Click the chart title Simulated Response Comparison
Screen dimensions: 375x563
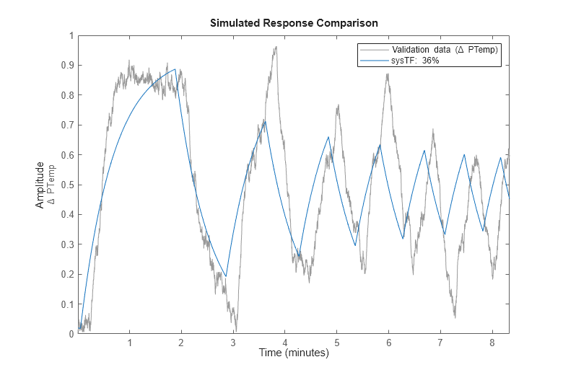click(294, 23)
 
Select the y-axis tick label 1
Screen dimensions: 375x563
click(69, 35)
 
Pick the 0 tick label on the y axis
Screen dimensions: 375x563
click(69, 334)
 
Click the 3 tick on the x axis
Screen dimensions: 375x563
click(233, 342)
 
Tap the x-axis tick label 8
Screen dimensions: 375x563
click(492, 342)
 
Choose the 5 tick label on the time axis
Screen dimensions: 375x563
click(336, 342)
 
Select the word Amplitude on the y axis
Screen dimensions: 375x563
click(40, 185)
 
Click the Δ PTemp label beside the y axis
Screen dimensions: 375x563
click(51, 185)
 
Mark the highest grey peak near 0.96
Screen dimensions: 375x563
click(275, 48)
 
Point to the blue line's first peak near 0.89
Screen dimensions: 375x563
click(175, 69)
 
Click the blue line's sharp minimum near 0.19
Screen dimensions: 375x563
click(226, 276)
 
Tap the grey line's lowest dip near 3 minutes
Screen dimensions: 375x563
click(235, 330)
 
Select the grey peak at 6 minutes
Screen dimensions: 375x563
click(388, 74)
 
